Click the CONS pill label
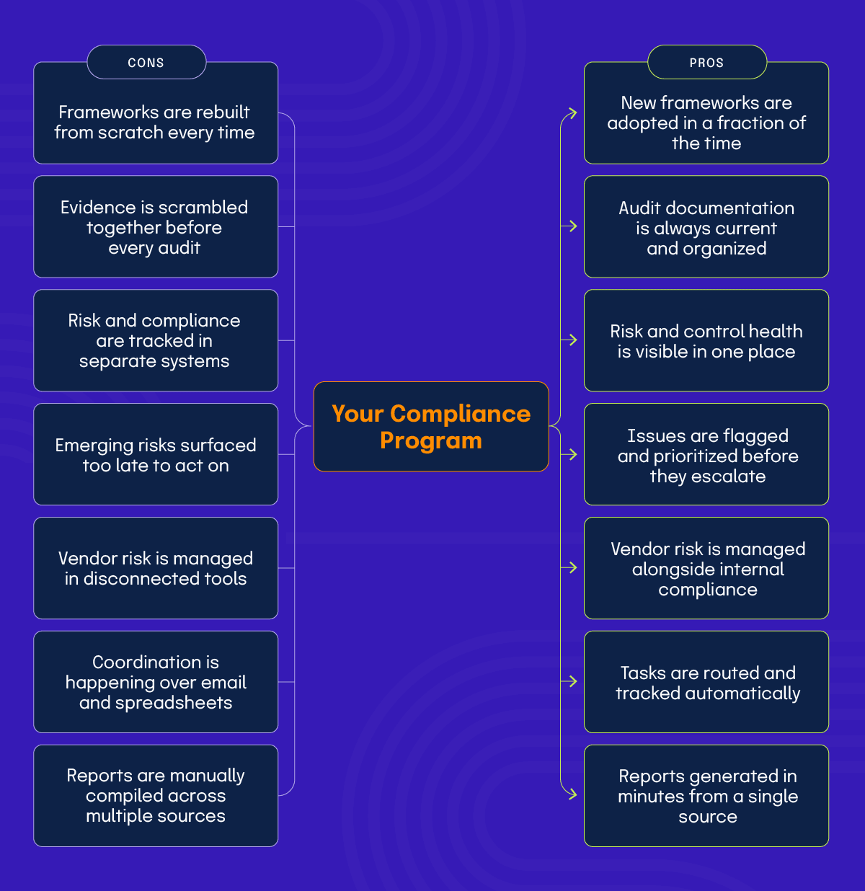[x=146, y=63]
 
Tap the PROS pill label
[x=706, y=63]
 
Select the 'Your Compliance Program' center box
[x=431, y=427]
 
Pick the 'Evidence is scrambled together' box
[x=156, y=227]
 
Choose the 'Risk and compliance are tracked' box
[x=156, y=340]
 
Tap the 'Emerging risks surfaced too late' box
[x=156, y=454]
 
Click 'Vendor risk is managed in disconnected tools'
[x=156, y=568]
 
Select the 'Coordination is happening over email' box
[x=156, y=682]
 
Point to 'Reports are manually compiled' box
[x=156, y=796]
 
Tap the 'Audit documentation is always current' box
[x=706, y=228]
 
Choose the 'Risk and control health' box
[x=706, y=341]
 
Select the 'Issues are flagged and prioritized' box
[x=706, y=455]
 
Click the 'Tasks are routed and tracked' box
[x=706, y=683]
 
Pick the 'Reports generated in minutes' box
[x=706, y=796]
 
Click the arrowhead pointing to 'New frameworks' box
[x=572, y=113]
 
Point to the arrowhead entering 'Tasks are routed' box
[x=572, y=681]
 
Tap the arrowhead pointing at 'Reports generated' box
[x=572, y=794]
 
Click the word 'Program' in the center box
[x=431, y=440]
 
